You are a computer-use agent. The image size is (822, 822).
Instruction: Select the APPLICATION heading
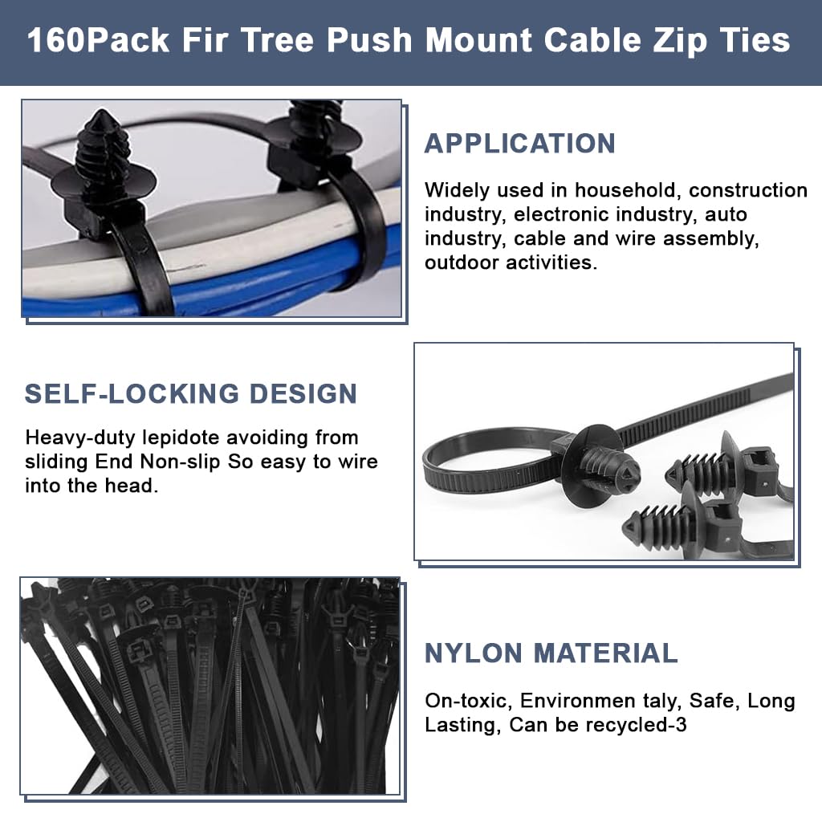(x=519, y=144)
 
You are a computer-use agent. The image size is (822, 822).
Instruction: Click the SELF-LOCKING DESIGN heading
(x=190, y=394)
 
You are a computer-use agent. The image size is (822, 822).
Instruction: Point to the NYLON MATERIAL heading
(x=551, y=653)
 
